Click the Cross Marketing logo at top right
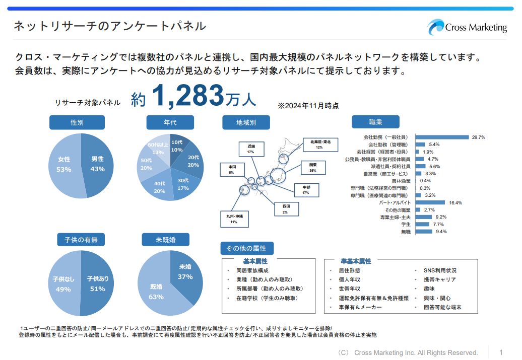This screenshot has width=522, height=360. pos(467,27)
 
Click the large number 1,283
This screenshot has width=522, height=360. pos(187,96)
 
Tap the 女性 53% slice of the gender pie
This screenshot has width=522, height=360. pos(64,165)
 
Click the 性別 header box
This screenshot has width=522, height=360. pos(77,122)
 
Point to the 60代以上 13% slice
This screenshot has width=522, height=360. pos(157,148)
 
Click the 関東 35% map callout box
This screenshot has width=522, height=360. pos(312,168)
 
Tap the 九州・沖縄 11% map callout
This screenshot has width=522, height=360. pos(233,219)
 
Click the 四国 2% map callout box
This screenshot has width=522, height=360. pos(285,208)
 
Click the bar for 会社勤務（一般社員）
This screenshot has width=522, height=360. pos(442,137)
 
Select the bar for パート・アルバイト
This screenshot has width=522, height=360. pos(430,202)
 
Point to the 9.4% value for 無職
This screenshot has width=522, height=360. pos(441,232)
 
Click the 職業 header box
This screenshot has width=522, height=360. pos(375,122)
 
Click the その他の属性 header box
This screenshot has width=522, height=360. pos(246,248)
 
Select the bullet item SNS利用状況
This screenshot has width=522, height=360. pos(439,270)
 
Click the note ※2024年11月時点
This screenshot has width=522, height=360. pos(308,106)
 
